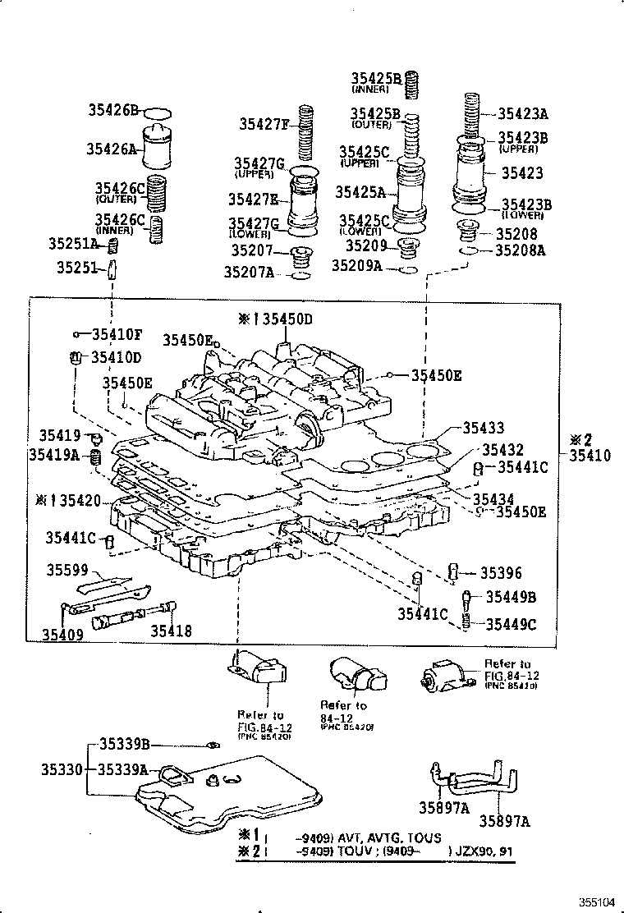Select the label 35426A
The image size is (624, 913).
[x=113, y=149]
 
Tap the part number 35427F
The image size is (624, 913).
[x=265, y=125]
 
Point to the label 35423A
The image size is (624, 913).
[x=522, y=115]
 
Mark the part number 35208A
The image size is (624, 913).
[x=521, y=250]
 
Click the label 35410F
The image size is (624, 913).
[x=116, y=334]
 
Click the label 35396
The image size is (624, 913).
[x=501, y=574]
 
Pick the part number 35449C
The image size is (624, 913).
[x=510, y=624]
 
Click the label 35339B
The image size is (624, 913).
[x=124, y=744]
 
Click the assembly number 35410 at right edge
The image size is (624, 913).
[x=592, y=454]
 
